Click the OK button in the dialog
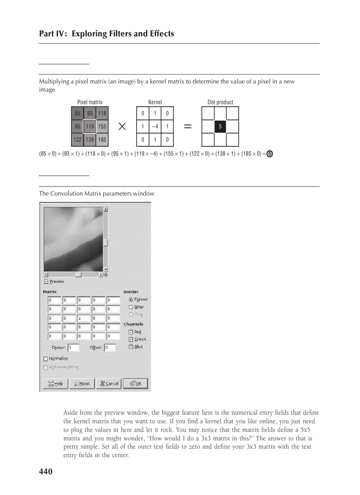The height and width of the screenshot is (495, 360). [x=135, y=383]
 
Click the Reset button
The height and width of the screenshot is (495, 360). [x=82, y=383]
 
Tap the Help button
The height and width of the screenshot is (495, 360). [x=55, y=383]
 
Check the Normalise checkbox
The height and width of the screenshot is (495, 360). [x=46, y=359]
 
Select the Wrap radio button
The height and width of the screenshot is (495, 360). [x=131, y=307]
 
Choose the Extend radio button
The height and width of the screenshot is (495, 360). [x=131, y=299]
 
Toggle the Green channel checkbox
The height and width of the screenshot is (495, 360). [x=131, y=339]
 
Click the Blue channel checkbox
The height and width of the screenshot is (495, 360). [x=131, y=347]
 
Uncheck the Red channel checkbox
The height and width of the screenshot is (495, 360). [x=131, y=332]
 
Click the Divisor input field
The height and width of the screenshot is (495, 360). [x=73, y=348]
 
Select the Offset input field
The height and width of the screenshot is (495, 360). [x=109, y=348]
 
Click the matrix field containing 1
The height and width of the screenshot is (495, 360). [x=84, y=318]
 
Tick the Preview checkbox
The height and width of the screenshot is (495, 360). [x=46, y=281]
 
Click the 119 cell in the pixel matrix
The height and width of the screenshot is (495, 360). [x=90, y=127]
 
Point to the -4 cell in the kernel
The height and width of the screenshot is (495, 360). [x=155, y=127]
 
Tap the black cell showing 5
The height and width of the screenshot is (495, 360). [x=220, y=127]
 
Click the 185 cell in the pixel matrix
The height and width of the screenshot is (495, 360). [x=102, y=140]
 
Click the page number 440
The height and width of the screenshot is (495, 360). [x=46, y=472]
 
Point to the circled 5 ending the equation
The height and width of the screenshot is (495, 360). [x=270, y=154]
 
